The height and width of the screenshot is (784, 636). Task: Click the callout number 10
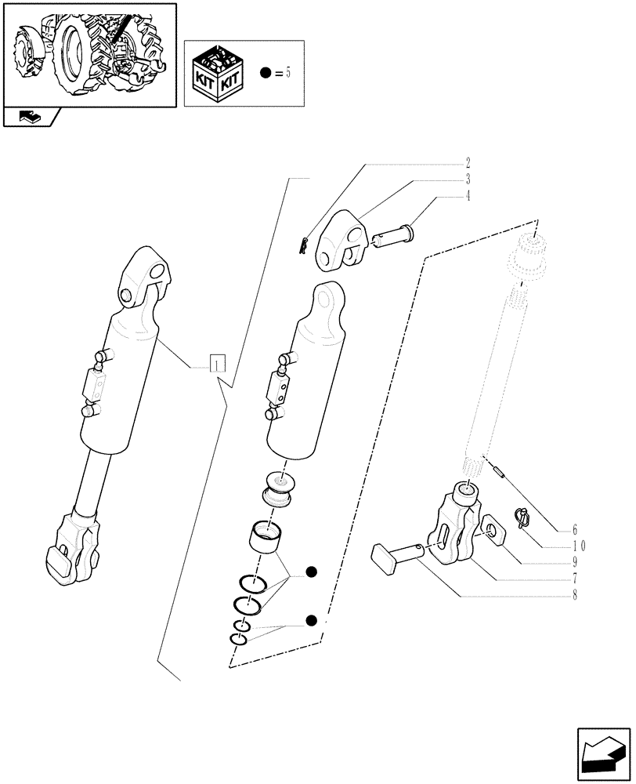point(580,546)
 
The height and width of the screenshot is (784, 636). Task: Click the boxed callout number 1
point(217,364)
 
